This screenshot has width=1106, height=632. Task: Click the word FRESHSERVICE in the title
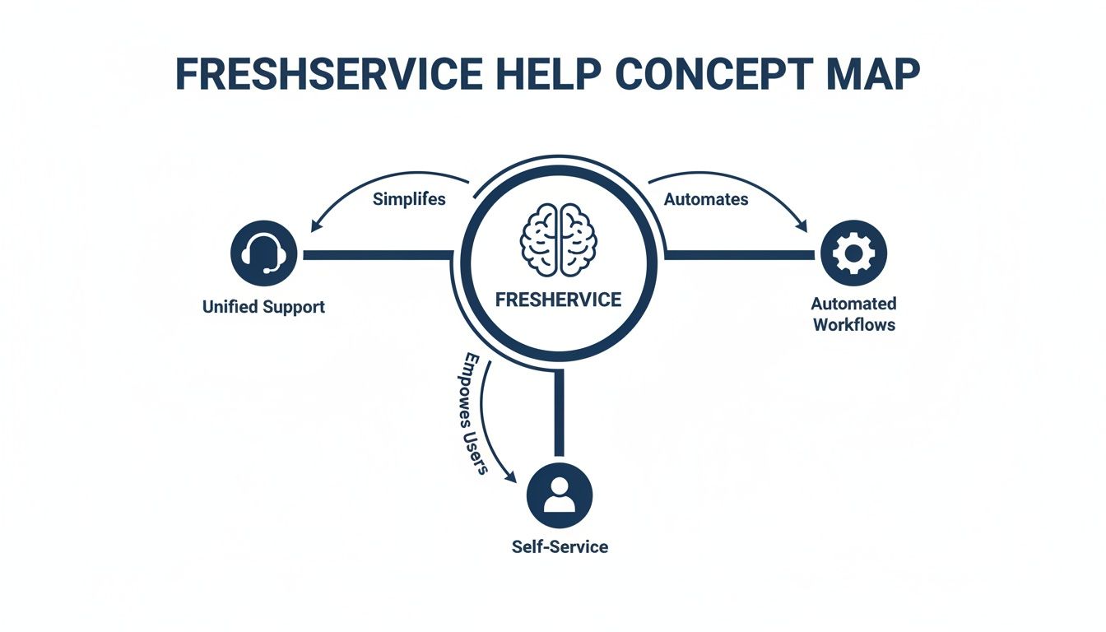click(329, 74)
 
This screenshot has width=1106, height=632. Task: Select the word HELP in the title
click(548, 74)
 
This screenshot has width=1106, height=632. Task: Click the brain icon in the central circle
click(559, 239)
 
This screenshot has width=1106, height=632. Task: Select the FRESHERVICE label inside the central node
click(559, 300)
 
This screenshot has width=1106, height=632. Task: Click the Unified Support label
click(263, 307)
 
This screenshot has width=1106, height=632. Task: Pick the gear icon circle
click(854, 253)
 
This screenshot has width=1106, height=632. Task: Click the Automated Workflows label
click(854, 314)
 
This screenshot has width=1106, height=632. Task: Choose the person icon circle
click(560, 495)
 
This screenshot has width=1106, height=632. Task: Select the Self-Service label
click(560, 546)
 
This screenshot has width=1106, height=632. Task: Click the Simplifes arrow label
click(409, 199)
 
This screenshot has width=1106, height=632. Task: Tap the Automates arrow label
click(706, 199)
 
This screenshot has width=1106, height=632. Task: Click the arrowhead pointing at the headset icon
click(315, 225)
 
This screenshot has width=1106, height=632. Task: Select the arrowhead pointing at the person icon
click(513, 477)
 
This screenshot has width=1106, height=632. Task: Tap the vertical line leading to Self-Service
click(560, 411)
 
